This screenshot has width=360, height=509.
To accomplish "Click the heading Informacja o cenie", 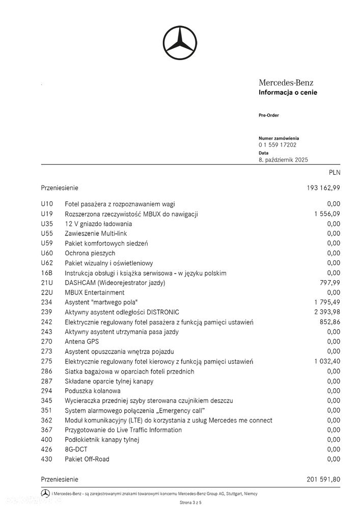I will coord(288,92).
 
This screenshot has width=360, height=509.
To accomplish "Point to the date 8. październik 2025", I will coord(283,159).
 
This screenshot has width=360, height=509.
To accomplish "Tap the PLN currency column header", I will coord(334,173).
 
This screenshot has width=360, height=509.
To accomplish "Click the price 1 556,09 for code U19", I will coord(327,213).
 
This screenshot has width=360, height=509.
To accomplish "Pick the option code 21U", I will coord(46,282).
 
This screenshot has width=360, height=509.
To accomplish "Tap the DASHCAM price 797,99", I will coord(330,282).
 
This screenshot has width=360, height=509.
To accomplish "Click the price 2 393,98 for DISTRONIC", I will coord(327,312).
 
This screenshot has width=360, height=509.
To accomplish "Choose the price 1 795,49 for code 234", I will coord(327,302).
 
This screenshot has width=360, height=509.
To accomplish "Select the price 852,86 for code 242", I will coord(330,322).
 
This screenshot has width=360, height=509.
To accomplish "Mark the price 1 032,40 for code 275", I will coord(327,361).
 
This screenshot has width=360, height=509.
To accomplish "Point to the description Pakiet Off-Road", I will coord(87,459).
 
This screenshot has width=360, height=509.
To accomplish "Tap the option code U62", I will coord(47,263).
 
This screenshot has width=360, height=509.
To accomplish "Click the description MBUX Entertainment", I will coord(95,292).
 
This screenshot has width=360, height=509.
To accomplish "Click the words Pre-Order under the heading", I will coord(269,115).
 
